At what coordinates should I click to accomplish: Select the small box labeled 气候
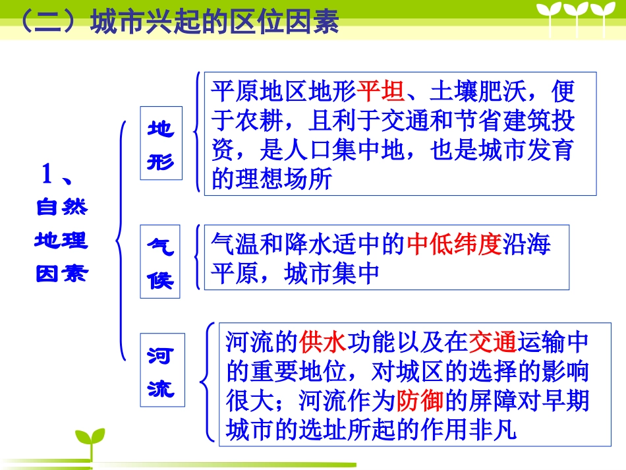[160, 262]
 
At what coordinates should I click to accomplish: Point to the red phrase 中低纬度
[454, 245]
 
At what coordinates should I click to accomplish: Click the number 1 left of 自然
[47, 175]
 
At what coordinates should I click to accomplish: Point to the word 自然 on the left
[61, 208]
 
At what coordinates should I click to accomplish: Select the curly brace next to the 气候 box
[197, 258]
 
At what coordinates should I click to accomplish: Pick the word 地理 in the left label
[61, 241]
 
